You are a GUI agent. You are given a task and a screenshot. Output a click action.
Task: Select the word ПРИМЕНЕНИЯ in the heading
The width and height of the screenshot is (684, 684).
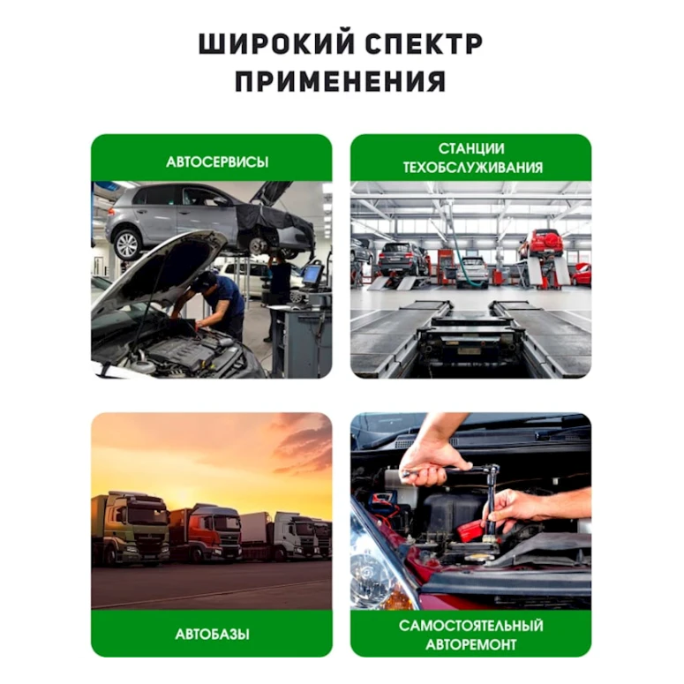point(341,82)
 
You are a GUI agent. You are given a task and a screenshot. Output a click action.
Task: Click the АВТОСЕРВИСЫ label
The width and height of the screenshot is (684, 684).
point(217,162)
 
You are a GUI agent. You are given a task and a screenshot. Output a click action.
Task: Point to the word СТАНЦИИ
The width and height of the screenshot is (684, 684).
point(471,148)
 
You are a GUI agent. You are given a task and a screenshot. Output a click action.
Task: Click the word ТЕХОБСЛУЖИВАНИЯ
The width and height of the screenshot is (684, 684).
point(472,168)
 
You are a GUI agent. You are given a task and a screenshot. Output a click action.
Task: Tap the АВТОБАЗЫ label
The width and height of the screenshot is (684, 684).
point(212,634)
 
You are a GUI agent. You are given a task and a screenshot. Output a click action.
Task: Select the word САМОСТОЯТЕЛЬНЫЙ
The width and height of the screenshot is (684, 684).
point(471,626)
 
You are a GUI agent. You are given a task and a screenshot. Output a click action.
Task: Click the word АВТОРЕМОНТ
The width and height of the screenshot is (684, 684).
point(471,644)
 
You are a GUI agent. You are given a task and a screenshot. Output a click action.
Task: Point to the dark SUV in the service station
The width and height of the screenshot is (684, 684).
point(402,258)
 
